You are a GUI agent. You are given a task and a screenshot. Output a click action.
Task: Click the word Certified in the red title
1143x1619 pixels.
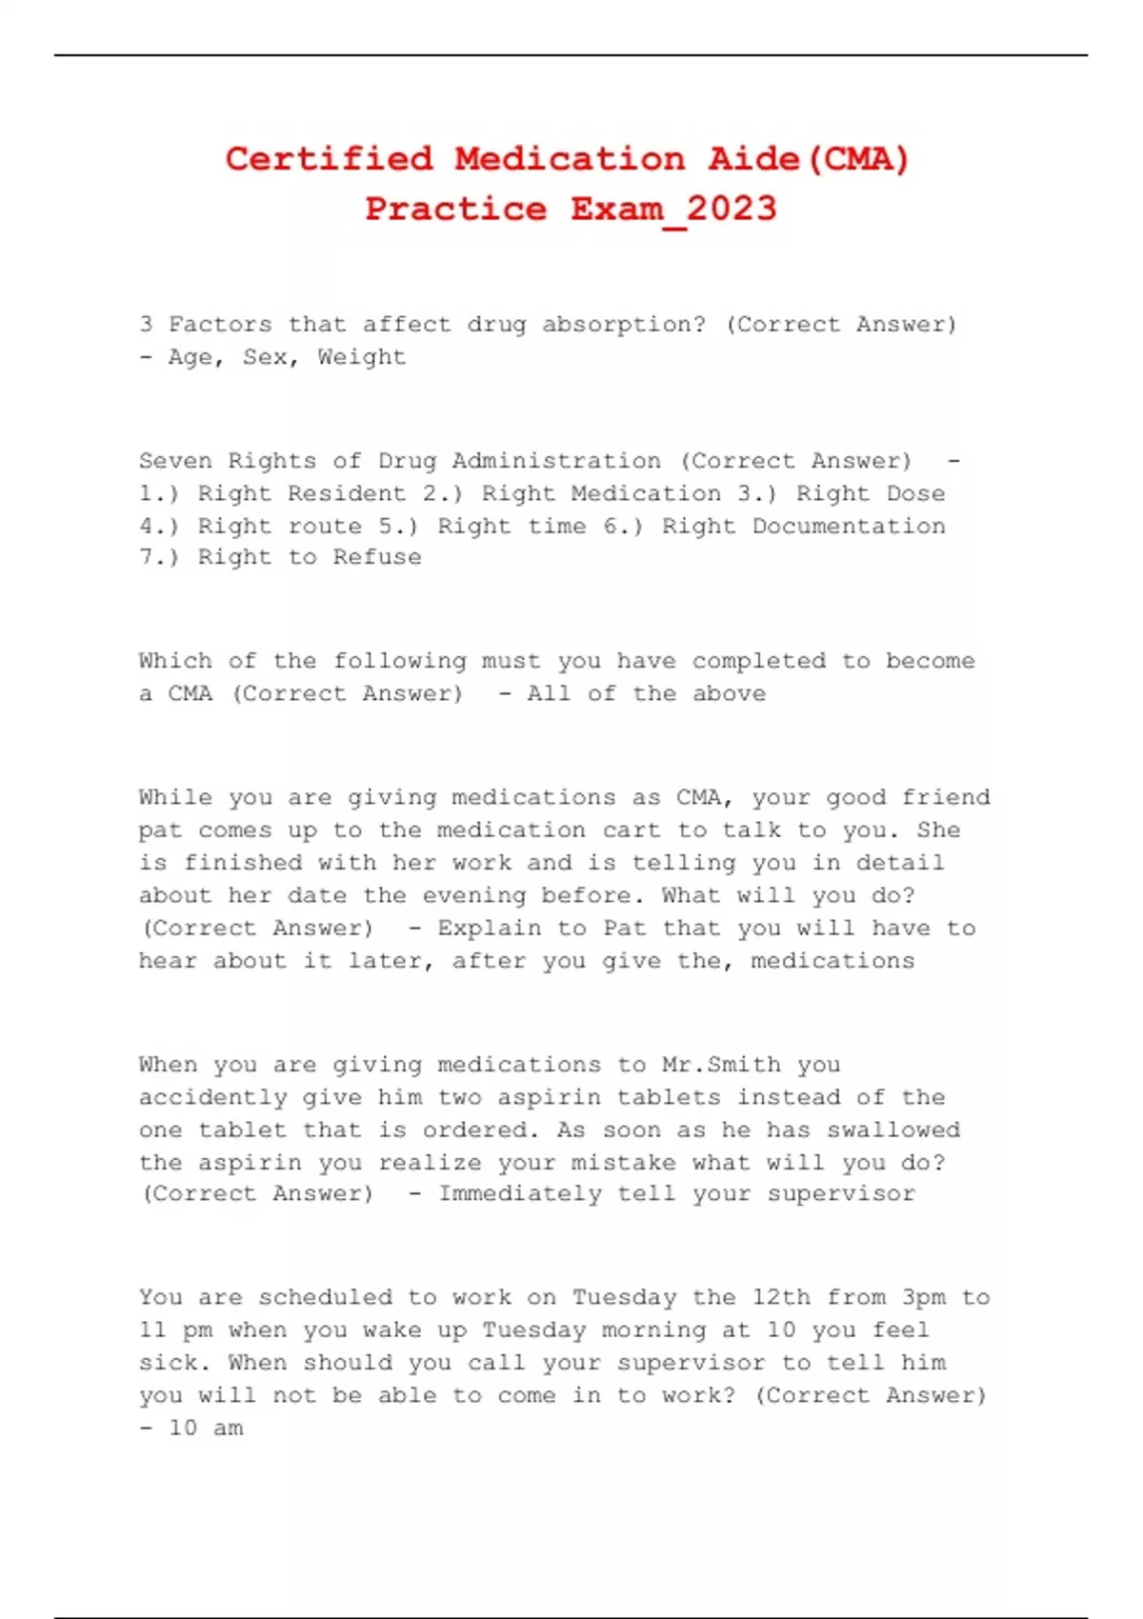coord(329,158)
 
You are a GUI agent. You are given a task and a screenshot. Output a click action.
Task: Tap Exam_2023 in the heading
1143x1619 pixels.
coord(673,209)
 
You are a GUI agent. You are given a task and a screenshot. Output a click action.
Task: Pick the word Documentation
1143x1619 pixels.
coord(849,526)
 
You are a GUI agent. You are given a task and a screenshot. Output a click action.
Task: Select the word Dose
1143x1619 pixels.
coord(915,493)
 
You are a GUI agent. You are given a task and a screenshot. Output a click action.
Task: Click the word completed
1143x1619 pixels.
coord(758,661)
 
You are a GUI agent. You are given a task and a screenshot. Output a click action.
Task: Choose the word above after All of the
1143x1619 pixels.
coord(729,693)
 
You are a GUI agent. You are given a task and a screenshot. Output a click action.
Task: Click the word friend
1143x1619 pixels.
coord(946,797)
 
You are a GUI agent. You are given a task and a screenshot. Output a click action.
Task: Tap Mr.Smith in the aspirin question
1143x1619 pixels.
coord(721,1065)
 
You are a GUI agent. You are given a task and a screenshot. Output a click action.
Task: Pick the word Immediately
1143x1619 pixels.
coord(519,1193)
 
